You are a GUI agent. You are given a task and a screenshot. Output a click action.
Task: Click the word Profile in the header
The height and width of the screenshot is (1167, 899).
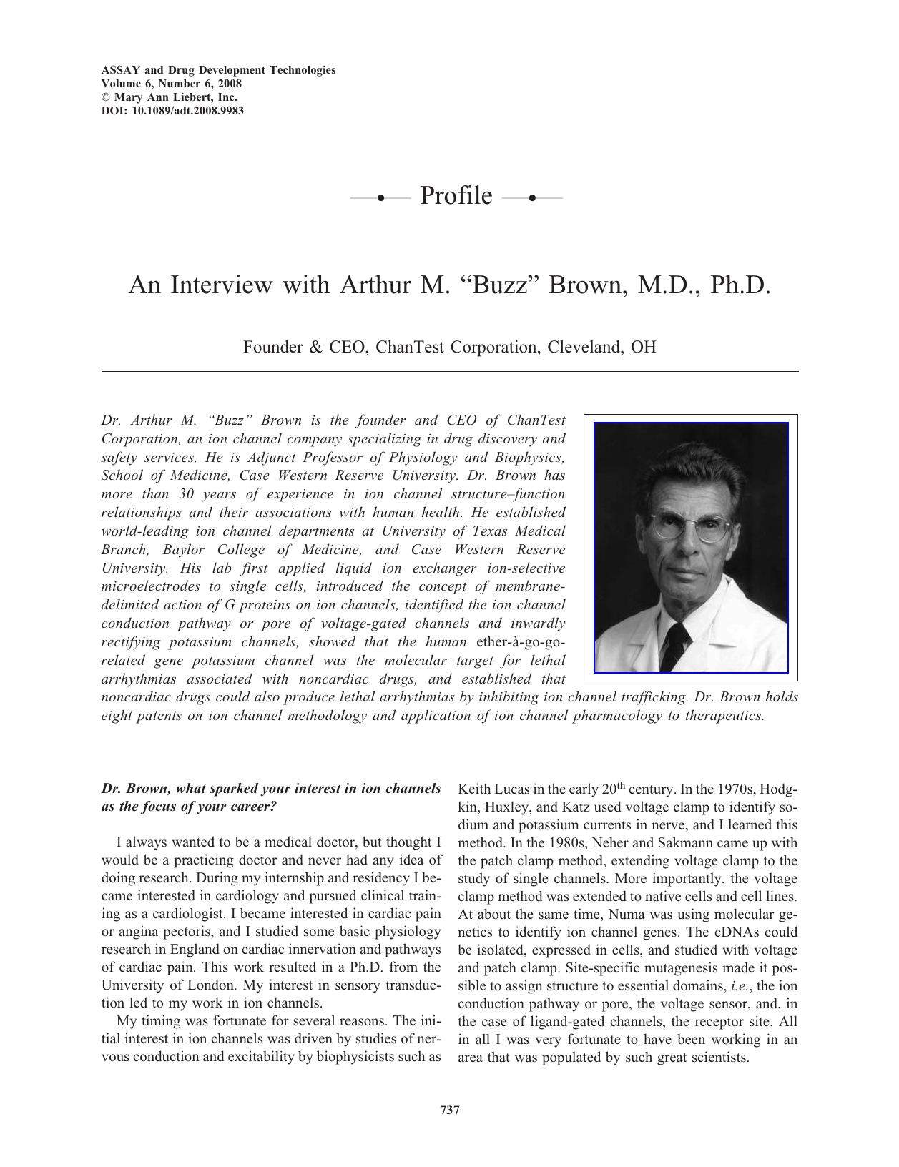coord(456,195)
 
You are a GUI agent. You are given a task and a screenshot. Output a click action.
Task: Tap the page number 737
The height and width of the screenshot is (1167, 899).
coord(449,1110)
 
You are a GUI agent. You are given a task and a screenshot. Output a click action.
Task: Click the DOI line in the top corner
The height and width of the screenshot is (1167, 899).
coord(172,111)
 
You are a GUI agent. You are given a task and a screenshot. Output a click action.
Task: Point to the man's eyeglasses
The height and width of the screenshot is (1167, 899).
coord(684,531)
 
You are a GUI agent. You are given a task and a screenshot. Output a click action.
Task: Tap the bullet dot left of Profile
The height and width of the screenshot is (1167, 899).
coord(381,197)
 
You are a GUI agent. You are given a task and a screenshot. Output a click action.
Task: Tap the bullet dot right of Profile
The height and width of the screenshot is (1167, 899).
coord(531,197)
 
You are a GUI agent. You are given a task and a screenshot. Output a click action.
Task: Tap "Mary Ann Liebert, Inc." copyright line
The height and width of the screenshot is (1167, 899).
coord(170,97)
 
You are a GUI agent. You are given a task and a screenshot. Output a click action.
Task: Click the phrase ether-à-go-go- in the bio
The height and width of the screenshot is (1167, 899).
coord(519,642)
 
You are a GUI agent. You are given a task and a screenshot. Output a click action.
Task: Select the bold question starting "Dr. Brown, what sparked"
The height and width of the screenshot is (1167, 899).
coord(271,797)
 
